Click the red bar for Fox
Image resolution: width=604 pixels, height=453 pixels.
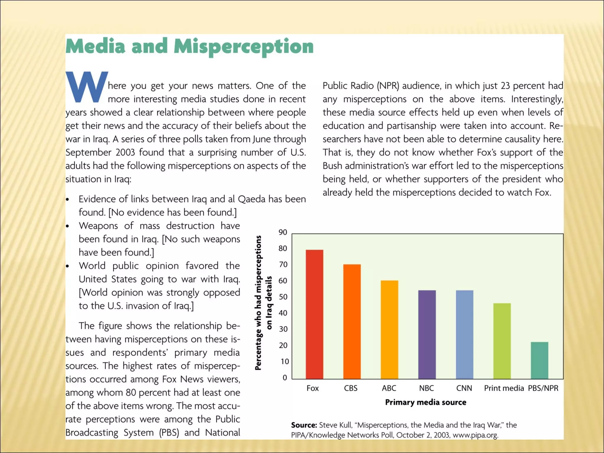pyautogui.click(x=314, y=314)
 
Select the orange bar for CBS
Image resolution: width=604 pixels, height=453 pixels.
pyautogui.click(x=352, y=321)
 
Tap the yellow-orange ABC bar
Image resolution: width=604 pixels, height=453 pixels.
pyautogui.click(x=389, y=329)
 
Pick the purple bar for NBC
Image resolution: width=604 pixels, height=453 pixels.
pyautogui.click(x=427, y=334)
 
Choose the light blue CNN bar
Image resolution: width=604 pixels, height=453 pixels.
pyautogui.click(x=465, y=334)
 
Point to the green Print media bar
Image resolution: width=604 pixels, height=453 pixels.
pyautogui.click(x=502, y=341)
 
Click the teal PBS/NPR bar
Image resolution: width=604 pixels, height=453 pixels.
pyautogui.click(x=539, y=360)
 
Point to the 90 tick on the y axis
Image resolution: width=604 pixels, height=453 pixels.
pyautogui.click(x=283, y=232)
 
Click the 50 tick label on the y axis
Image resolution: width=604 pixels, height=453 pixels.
pyautogui.click(x=283, y=297)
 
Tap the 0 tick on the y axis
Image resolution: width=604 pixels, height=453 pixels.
pyautogui.click(x=285, y=378)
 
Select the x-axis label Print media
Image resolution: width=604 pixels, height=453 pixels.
pyautogui.click(x=504, y=388)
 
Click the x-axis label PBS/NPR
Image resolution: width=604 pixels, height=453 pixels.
pyautogui.click(x=543, y=388)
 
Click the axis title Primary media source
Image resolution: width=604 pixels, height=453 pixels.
pyautogui.click(x=426, y=402)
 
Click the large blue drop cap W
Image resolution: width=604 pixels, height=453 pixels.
pyautogui.click(x=87, y=87)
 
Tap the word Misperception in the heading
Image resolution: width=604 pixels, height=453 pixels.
pyautogui.click(x=244, y=47)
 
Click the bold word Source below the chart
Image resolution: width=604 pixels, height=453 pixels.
pyautogui.click(x=304, y=425)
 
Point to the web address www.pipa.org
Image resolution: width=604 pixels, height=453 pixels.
pyautogui.click(x=475, y=435)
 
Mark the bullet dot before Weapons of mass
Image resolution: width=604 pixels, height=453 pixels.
pyautogui.click(x=68, y=226)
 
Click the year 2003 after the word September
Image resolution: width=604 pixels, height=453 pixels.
pyautogui.click(x=125, y=152)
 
